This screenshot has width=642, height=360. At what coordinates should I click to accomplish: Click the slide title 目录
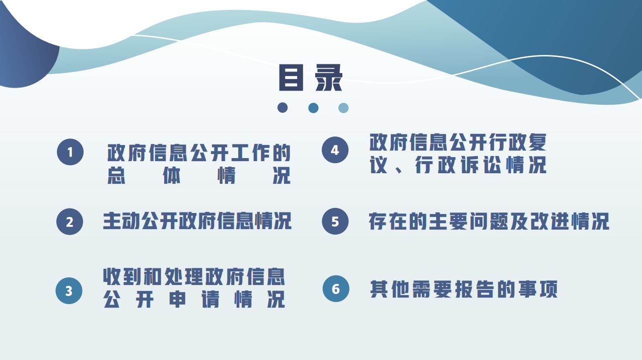pyautogui.click(x=311, y=78)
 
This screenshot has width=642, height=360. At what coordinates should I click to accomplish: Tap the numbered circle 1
pyautogui.click(x=70, y=152)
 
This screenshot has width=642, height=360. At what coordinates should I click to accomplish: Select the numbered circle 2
pyautogui.click(x=69, y=222)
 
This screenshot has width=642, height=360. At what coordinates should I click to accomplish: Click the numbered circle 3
pyautogui.click(x=69, y=291)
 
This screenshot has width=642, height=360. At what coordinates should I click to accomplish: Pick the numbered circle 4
pyautogui.click(x=335, y=150)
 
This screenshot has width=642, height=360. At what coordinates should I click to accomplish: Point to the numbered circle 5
pyautogui.click(x=335, y=221)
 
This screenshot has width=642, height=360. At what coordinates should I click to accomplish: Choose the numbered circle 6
pyautogui.click(x=336, y=289)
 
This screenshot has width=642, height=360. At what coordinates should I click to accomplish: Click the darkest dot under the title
pyautogui.click(x=282, y=108)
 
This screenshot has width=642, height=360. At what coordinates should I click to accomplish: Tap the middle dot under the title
pyautogui.click(x=313, y=108)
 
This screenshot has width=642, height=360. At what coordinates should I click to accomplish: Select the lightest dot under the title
pyautogui.click(x=343, y=108)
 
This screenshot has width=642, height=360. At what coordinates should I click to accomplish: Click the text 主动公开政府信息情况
pyautogui.click(x=197, y=221)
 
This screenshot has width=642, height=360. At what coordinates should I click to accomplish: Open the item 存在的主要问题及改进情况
pyautogui.click(x=489, y=221)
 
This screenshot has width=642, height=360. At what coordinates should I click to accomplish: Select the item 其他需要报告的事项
pyautogui.click(x=464, y=289)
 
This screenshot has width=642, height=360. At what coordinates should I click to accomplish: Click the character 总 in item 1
pyautogui.click(x=116, y=175)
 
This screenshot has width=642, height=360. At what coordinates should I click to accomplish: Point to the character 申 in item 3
pyautogui.click(x=177, y=299)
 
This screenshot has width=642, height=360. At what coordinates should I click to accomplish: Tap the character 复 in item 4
pyautogui.click(x=537, y=142)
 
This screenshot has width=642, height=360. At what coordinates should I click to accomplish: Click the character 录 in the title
pyautogui.click(x=328, y=78)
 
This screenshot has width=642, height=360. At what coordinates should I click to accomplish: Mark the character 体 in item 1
pyautogui.click(x=171, y=175)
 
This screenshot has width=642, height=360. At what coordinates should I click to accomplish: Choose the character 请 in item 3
pyautogui.click(x=210, y=299)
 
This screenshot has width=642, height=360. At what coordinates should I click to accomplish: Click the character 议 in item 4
pyautogui.click(x=379, y=165)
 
